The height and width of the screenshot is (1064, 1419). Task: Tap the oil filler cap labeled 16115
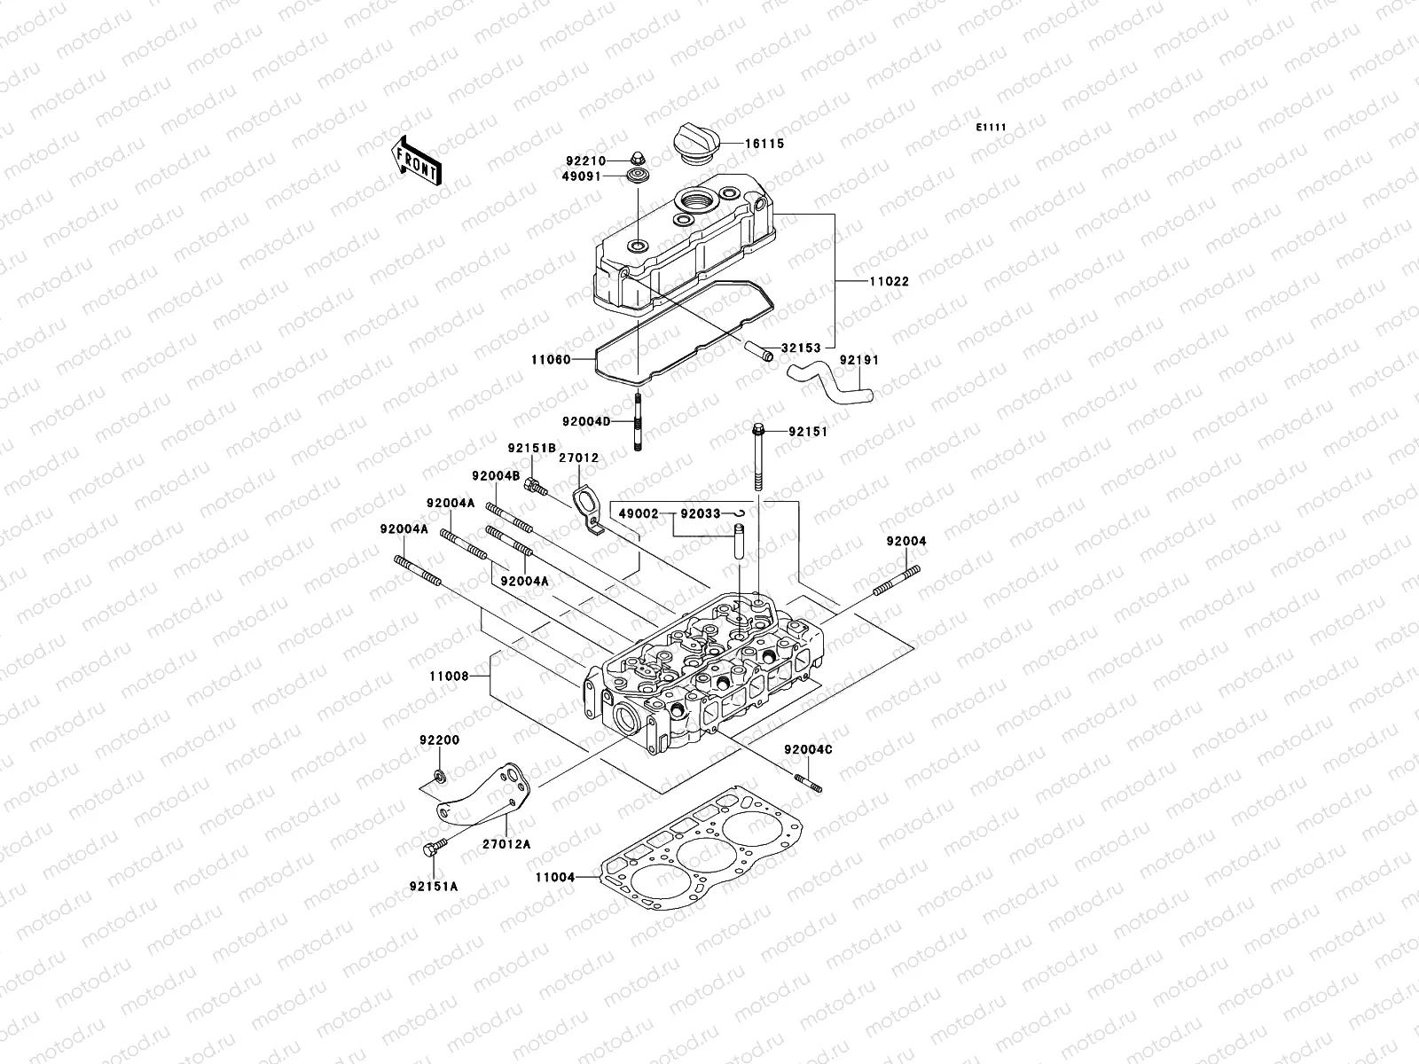coord(698,144)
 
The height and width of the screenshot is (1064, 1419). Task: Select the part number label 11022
coord(888,282)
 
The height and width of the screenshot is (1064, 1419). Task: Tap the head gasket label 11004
coord(554,878)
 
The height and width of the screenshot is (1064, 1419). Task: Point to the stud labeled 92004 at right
coord(895,584)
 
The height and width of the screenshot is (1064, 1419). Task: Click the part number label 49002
coord(638,513)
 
